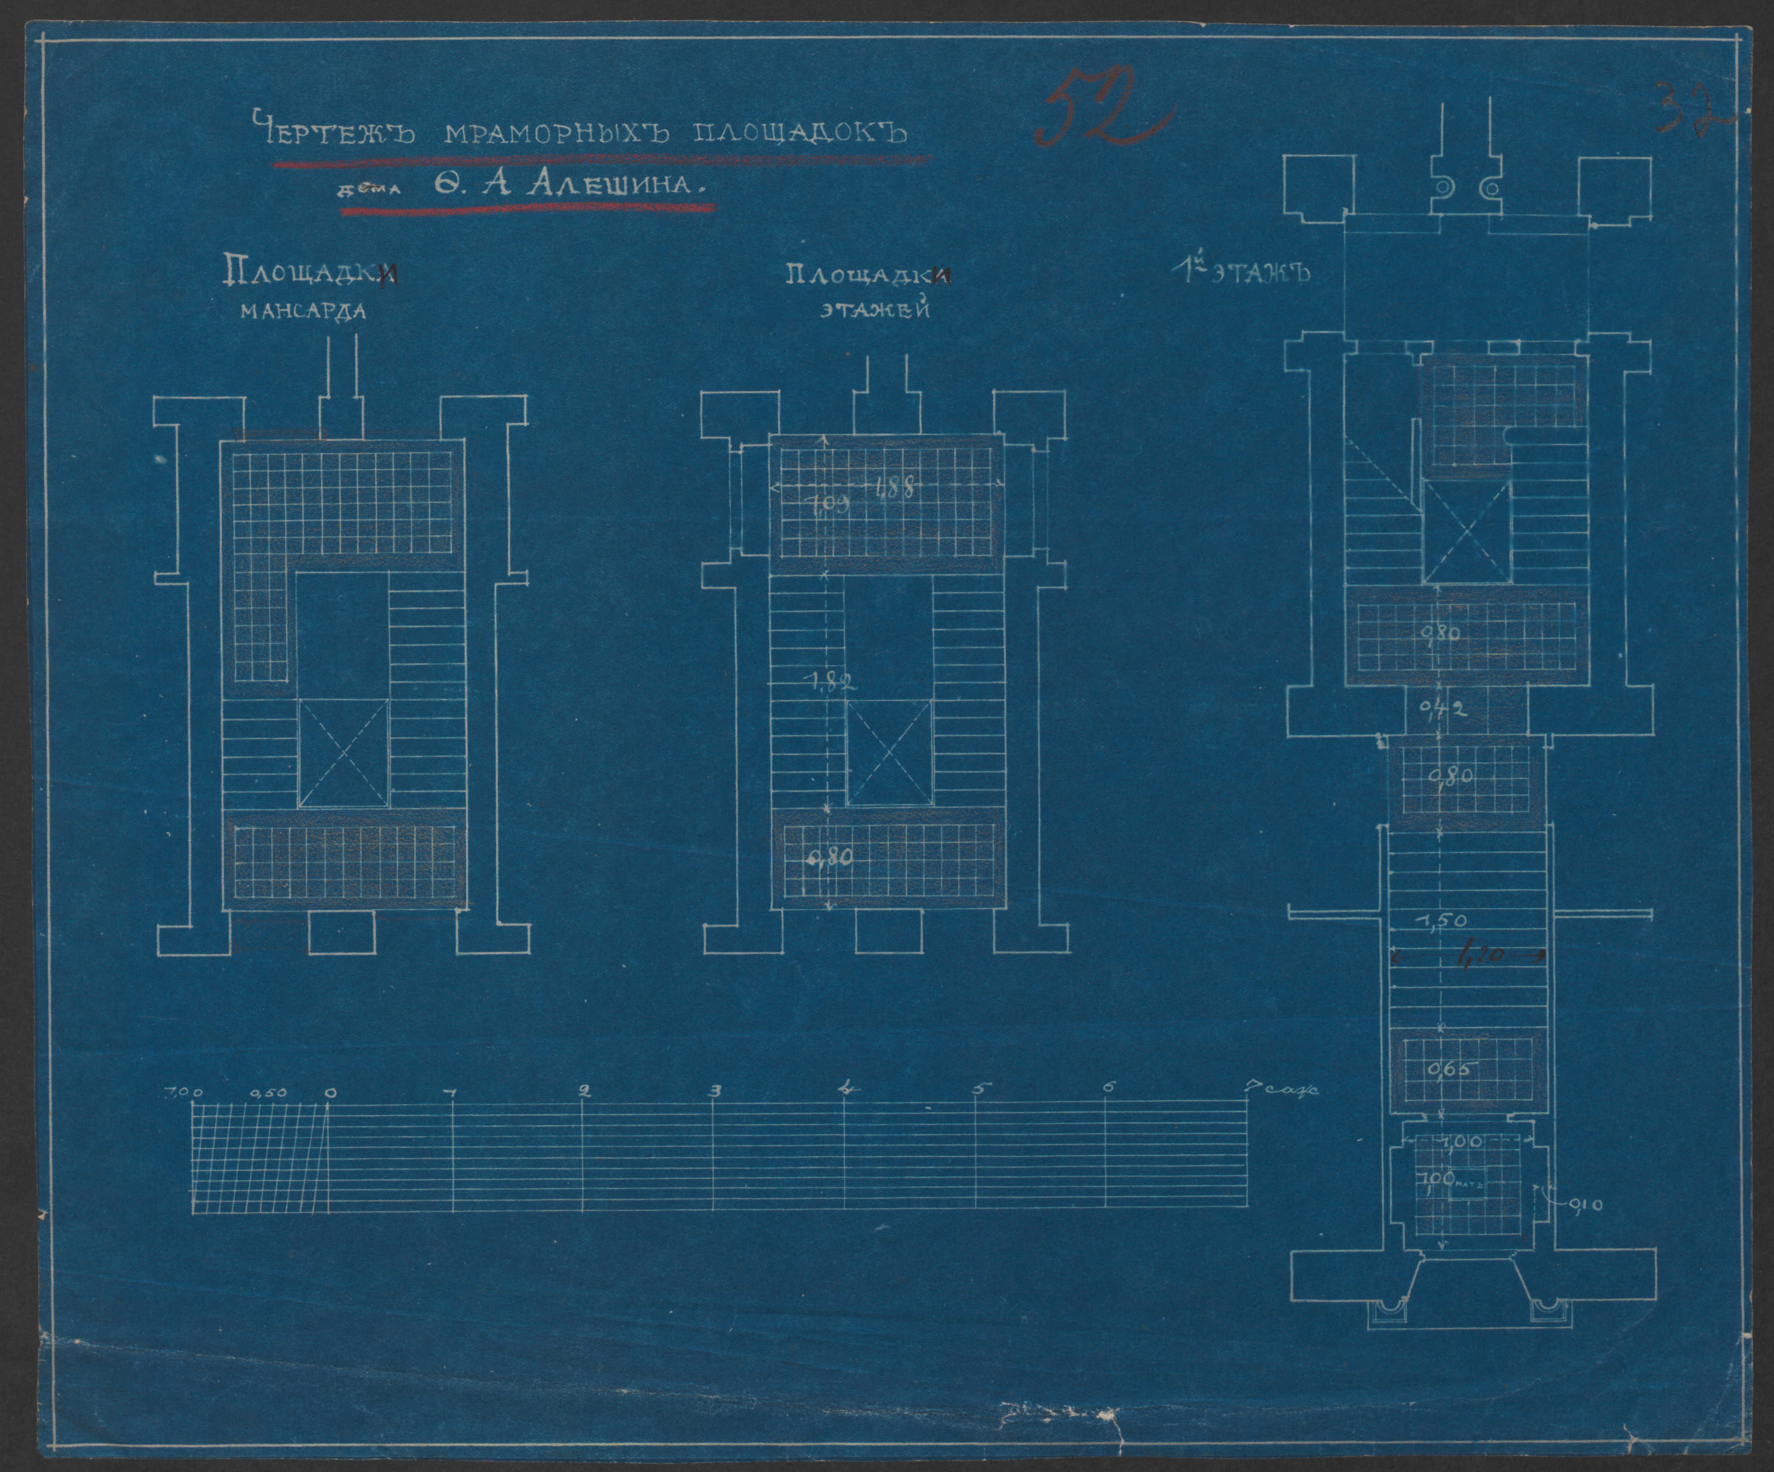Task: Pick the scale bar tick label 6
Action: point(1106,1088)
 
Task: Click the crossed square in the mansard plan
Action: point(344,752)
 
